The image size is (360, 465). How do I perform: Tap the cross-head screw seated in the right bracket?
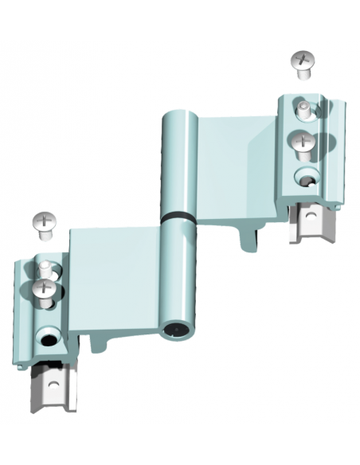302,144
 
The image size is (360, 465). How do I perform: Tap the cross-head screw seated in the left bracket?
45,288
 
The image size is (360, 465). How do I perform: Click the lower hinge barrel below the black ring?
176,271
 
